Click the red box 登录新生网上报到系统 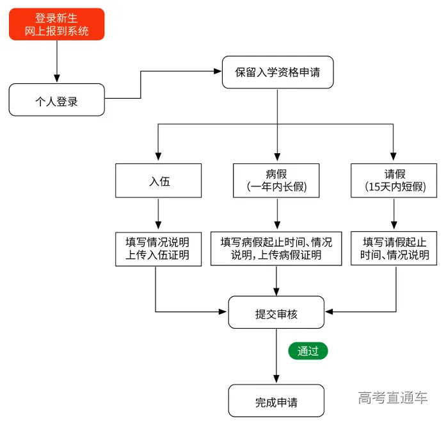coord(57,24)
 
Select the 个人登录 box coord(57,100)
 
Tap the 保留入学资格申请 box coord(276,73)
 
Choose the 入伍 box coord(159,181)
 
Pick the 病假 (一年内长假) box coord(276,181)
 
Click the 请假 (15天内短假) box coord(394,181)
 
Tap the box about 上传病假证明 coord(276,249)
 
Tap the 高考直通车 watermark coord(393,397)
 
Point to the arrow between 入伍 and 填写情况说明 coord(158,214)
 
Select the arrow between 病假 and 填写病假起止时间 coord(276,214)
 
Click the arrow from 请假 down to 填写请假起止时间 coord(395,214)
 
